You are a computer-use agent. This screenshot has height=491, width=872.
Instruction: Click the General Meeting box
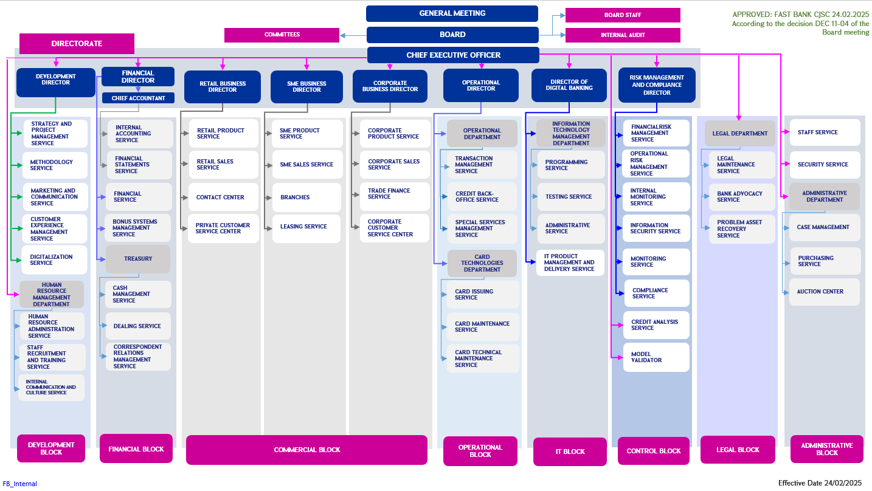(452, 13)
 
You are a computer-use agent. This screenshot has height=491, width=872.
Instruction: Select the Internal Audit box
(623, 35)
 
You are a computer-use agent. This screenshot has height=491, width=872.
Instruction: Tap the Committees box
(282, 35)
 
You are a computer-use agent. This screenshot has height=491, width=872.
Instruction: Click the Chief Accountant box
(138, 98)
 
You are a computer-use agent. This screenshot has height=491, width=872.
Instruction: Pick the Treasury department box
(138, 259)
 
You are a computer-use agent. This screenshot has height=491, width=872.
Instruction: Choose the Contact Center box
(223, 197)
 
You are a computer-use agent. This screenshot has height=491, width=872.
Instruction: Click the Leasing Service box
(306, 227)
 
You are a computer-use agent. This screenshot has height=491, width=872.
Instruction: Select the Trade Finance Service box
(395, 194)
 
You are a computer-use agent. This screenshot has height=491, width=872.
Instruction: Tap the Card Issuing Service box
(483, 295)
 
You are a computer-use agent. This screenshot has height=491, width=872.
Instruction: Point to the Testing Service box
(571, 197)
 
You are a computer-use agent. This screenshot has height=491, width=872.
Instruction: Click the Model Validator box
(656, 357)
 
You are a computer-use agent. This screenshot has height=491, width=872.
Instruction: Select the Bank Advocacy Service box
(742, 197)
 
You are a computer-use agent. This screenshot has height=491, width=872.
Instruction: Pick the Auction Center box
(825, 292)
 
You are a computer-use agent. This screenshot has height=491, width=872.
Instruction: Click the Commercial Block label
(306, 450)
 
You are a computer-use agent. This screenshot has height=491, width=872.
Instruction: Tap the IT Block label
(570, 452)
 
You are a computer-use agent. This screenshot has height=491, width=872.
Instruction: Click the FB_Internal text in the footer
(20, 484)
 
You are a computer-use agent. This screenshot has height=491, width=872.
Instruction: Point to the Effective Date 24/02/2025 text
(820, 483)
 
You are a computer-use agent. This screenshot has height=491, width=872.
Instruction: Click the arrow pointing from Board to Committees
(353, 35)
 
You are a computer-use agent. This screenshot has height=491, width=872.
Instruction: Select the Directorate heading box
(77, 44)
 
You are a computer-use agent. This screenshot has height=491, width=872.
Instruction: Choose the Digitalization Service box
(55, 260)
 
